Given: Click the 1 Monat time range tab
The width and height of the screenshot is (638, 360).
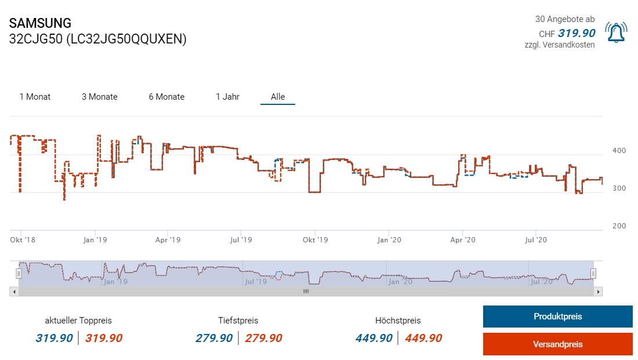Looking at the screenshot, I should tap(35, 97).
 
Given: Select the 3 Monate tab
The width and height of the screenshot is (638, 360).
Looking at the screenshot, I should tap(99, 97).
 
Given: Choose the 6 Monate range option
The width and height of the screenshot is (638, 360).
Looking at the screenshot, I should tap(166, 97).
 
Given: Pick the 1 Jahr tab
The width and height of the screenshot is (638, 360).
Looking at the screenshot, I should tap(227, 97).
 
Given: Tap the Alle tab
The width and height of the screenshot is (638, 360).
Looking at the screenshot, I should tap(278, 97).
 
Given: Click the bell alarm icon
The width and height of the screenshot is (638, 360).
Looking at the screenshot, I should tap(616, 32).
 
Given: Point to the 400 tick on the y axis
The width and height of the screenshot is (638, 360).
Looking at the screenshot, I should tap(619, 151).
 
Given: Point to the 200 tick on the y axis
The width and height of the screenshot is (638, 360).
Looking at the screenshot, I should tap(619, 226).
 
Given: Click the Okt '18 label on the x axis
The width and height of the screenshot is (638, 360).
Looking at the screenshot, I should tap(23, 239).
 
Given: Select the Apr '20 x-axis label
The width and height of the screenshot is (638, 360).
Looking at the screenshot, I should tap(463, 239).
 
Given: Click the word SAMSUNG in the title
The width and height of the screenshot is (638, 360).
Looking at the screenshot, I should tap(41, 23).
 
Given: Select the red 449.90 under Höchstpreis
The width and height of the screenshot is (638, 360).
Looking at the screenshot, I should tap(423, 338).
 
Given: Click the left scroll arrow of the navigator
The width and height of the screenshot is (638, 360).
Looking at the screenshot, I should tap(13, 292).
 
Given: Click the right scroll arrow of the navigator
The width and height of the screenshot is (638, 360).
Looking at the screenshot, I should tap(599, 292).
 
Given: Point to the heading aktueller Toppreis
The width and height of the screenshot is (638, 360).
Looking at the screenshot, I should tap(78, 320).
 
